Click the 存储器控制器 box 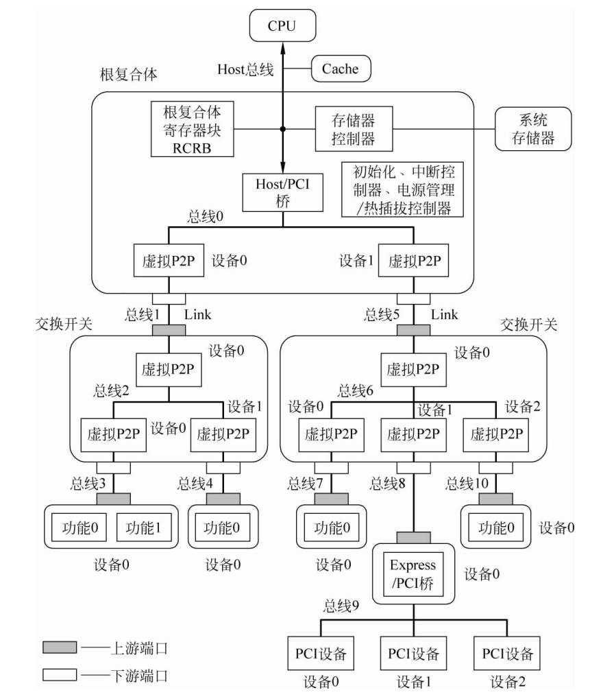(345, 128)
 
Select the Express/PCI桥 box (413, 575)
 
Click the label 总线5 (381, 315)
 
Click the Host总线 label (245, 69)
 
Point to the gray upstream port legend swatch (60, 647)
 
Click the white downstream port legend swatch (60, 675)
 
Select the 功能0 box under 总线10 (495, 528)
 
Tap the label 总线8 (388, 484)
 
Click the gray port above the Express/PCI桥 (413, 537)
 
